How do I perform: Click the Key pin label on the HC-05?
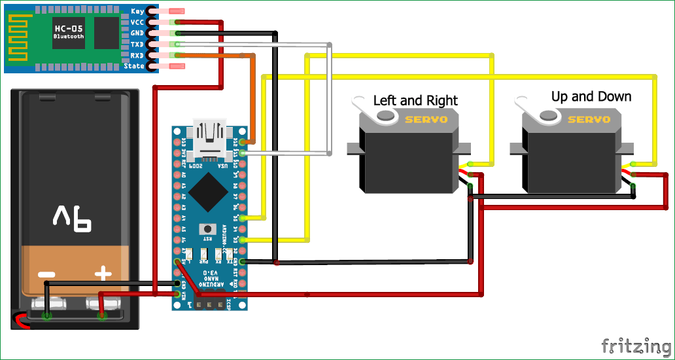pyautogui.click(x=137, y=11)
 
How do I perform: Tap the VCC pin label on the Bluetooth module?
pyautogui.click(x=137, y=22)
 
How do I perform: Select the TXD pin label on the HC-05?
pyautogui.click(x=137, y=45)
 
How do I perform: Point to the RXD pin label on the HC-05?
pyautogui.click(x=137, y=56)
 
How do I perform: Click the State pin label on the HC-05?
pyautogui.click(x=134, y=66)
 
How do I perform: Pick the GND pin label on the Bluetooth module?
pyautogui.click(x=137, y=33)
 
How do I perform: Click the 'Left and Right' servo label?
pyautogui.click(x=415, y=100)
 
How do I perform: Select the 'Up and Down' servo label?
pyautogui.click(x=591, y=96)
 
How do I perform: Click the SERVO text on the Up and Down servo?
pyautogui.click(x=589, y=119)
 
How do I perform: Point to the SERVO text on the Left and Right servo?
pyautogui.click(x=426, y=119)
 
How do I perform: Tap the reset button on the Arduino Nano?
pyautogui.click(x=209, y=229)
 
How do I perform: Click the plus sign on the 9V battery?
pyautogui.click(x=103, y=274)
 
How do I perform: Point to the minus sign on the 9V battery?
pyautogui.click(x=46, y=274)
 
